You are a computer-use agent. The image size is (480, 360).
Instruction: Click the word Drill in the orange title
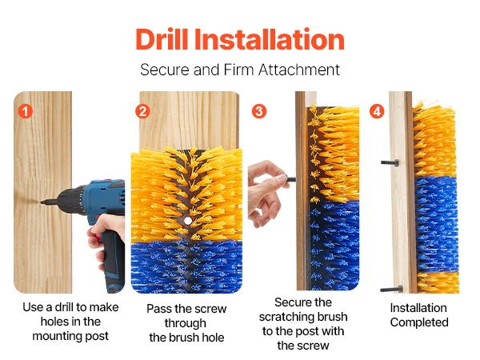(162, 39)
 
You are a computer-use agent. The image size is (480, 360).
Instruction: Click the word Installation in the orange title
(270, 39)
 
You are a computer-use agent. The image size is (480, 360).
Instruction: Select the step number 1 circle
(25, 111)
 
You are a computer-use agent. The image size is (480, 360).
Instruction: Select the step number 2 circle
(142, 111)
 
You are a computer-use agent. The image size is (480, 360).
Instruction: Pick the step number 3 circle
(259, 111)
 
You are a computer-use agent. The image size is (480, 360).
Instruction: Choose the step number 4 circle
(377, 111)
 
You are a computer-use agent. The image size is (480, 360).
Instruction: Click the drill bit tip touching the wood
(42, 202)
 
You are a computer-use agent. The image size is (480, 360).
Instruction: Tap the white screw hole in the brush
(188, 221)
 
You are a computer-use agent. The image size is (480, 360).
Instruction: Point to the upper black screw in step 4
(390, 163)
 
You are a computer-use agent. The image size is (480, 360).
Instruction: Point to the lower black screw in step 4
(391, 289)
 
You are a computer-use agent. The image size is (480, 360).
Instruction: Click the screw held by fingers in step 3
(290, 179)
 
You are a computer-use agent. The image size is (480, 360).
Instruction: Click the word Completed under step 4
(419, 322)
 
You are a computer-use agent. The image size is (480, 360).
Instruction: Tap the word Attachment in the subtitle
(299, 70)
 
